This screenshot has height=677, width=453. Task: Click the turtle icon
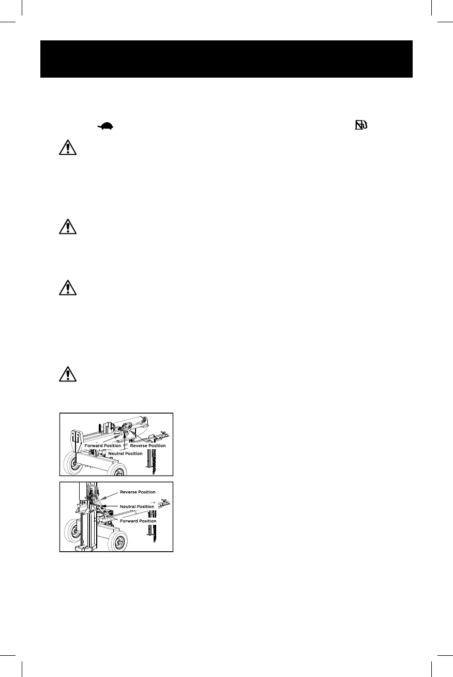click(x=105, y=126)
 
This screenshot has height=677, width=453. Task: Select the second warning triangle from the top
click(x=67, y=227)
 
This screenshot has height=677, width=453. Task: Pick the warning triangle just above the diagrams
click(x=67, y=374)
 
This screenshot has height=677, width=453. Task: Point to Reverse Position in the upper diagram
click(x=147, y=446)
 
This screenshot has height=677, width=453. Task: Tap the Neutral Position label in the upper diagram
click(x=125, y=453)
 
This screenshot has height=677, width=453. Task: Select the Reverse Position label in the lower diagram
click(x=137, y=492)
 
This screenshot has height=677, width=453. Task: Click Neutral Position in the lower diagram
click(x=137, y=506)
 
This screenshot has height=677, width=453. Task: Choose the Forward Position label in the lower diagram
click(x=137, y=521)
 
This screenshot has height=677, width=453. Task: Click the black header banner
click(x=226, y=59)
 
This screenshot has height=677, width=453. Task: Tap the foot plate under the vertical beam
click(x=85, y=548)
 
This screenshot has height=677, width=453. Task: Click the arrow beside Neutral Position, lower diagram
click(x=110, y=506)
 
